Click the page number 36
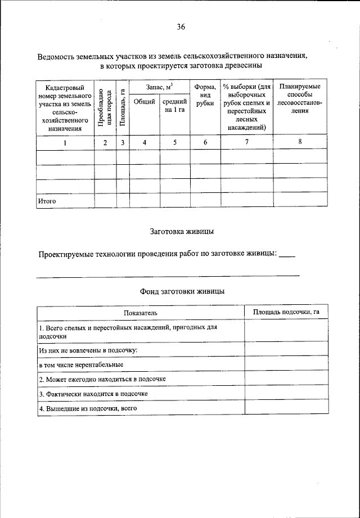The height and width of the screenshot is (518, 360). [181, 27]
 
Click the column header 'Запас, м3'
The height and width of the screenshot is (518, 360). [160, 87]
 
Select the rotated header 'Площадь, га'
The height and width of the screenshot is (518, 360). [123, 109]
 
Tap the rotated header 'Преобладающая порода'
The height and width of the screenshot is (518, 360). [105, 109]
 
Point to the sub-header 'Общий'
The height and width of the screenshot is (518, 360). [145, 102]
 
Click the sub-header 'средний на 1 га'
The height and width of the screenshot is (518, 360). [175, 105]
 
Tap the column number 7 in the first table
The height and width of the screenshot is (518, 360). [246, 142]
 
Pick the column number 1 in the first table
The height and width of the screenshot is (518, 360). [65, 142]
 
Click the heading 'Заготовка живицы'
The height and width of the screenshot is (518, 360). [182, 231]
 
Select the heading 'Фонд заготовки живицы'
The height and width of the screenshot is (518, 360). [182, 291]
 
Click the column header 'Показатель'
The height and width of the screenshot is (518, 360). [141, 312]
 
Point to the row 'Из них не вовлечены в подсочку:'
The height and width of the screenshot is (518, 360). [88, 350]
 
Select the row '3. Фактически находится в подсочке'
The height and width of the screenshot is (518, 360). [93, 394]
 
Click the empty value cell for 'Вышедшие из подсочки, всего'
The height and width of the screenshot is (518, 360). [286, 408]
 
